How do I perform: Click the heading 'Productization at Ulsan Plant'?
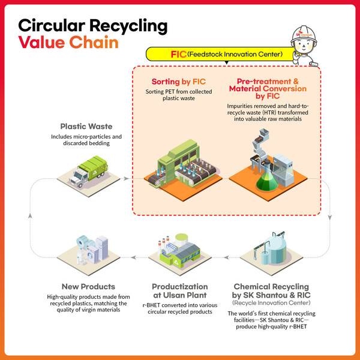179,290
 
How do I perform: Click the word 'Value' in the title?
38,44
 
